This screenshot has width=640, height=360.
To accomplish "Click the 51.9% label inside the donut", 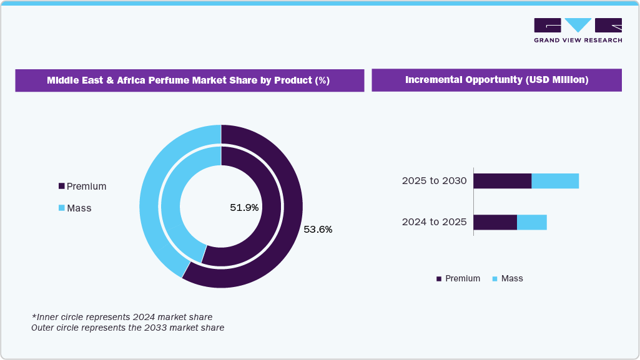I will click(244, 208).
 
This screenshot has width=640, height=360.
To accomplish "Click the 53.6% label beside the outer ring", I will click(318, 230).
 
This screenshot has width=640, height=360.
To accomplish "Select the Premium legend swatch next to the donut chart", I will click(61, 187).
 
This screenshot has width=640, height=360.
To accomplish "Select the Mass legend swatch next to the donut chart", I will click(61, 208).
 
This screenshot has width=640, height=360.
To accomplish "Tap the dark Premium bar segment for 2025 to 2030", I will click(502, 181).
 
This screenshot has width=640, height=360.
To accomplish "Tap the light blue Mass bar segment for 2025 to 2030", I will click(555, 181).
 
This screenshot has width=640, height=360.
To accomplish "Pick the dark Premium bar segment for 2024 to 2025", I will click(495, 222).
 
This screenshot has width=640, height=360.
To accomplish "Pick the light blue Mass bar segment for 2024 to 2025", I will click(532, 222).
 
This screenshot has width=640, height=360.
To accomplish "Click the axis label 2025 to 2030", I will click(434, 181).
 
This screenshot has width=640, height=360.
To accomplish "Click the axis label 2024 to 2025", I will click(434, 222).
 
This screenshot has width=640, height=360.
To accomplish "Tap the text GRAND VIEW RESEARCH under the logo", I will click(578, 41).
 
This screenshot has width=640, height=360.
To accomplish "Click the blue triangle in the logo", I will click(578, 24).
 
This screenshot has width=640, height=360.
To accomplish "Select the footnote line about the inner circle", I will click(122, 316).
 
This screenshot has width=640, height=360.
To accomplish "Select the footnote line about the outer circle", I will click(127, 327).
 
